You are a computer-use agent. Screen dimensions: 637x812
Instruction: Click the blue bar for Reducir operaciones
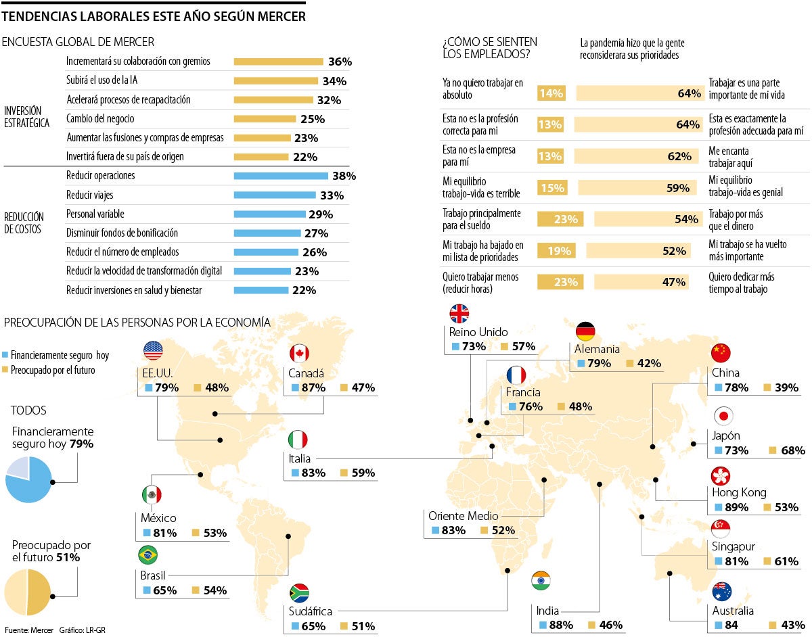(x=281, y=176)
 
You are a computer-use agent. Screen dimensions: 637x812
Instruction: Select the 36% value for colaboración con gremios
(x=340, y=62)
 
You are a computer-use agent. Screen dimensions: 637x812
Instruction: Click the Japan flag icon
(x=723, y=416)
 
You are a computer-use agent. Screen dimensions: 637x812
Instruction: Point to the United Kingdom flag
(x=459, y=313)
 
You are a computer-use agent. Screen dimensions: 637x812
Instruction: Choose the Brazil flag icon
(x=148, y=556)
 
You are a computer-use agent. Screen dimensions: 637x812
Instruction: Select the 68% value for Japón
(x=792, y=450)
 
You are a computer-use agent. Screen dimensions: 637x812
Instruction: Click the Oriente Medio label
(x=463, y=516)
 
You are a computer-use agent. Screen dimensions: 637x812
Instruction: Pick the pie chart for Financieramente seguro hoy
(x=28, y=479)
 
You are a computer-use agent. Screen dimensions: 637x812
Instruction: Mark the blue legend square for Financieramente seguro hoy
(x=6, y=355)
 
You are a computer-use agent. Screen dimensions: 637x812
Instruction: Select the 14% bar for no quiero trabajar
(x=551, y=93)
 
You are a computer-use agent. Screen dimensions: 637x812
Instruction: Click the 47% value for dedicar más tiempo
(x=674, y=283)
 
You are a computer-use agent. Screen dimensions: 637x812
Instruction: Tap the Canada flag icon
(x=299, y=353)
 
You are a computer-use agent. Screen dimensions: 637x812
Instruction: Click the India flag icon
(x=541, y=581)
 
